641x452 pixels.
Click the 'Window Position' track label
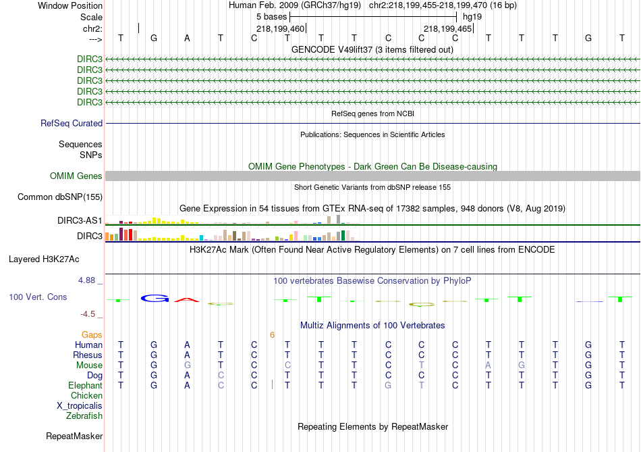[70, 5]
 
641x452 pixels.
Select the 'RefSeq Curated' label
[72, 123]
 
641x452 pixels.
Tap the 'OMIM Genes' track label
[76, 176]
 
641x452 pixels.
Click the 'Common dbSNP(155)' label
[60, 197]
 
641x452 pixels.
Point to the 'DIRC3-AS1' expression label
[80, 221]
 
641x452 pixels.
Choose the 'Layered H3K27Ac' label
[44, 259]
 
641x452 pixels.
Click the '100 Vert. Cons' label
[38, 297]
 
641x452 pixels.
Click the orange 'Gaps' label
[92, 335]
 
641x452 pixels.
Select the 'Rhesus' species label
[88, 355]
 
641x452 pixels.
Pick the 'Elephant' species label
[86, 386]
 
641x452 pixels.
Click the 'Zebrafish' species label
[84, 416]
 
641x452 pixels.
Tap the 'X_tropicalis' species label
[80, 406]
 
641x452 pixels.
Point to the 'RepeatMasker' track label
[74, 436]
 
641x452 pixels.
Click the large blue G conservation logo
[155, 299]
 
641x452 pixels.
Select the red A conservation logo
[187, 300]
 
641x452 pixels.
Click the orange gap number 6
[273, 335]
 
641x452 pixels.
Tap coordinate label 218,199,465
[447, 28]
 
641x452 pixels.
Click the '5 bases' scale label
[271, 17]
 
